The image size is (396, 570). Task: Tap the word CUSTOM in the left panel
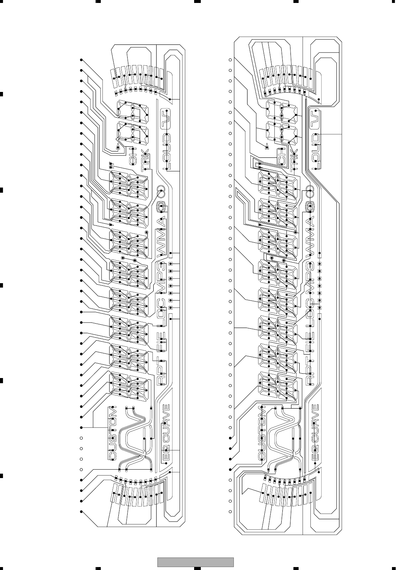point(113,433)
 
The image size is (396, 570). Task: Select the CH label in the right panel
point(281,156)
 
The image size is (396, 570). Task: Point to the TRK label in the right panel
point(294,160)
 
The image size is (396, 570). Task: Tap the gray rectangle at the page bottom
point(196,562)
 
